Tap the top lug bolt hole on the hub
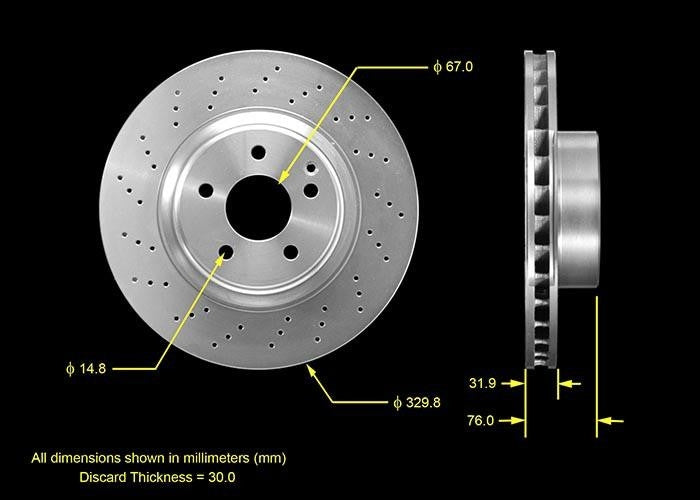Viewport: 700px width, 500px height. tap(259, 152)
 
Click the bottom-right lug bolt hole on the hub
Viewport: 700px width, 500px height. tap(290, 252)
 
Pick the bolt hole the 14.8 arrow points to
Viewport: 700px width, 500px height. tap(226, 252)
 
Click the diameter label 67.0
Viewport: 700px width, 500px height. tap(452, 67)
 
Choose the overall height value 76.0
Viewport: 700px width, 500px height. tap(483, 421)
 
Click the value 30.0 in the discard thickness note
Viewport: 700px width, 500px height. tap(220, 478)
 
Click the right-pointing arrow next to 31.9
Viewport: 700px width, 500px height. tap(517, 383)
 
